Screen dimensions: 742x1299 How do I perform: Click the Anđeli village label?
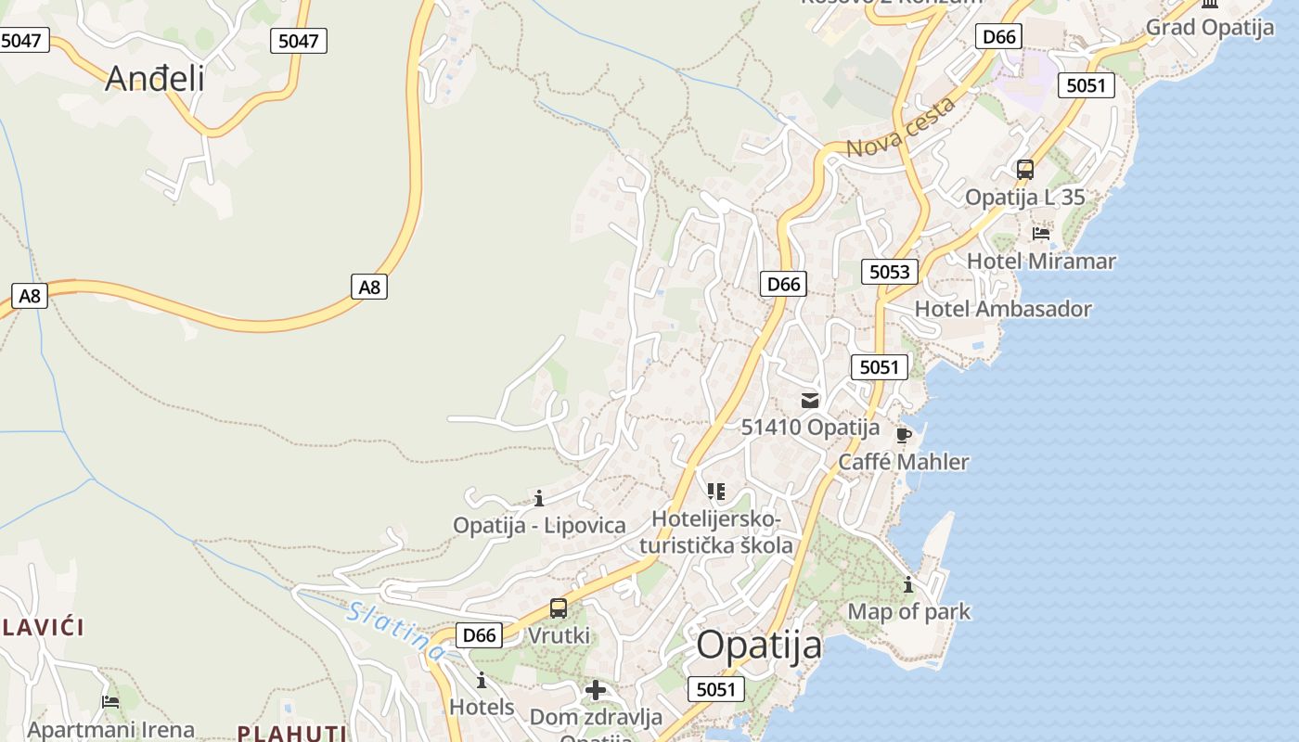[154, 78]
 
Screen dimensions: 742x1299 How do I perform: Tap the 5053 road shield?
[889, 272]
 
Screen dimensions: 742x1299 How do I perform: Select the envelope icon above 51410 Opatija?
[810, 401]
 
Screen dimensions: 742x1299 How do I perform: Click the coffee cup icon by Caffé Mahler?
[904, 435]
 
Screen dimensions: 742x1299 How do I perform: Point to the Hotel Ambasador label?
[1003, 309]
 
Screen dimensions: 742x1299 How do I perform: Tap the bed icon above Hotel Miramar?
[1041, 234]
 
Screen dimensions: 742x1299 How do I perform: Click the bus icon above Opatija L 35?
[1025, 170]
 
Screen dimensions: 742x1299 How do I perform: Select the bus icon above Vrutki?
[559, 608]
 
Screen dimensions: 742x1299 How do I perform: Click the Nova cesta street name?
[900, 128]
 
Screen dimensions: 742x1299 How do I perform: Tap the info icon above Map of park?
[908, 584]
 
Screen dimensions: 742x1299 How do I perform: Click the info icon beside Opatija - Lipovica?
[539, 499]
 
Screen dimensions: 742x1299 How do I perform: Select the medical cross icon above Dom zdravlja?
[596, 690]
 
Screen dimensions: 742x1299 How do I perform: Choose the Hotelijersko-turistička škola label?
[716, 531]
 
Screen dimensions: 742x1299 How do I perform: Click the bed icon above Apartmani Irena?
[110, 702]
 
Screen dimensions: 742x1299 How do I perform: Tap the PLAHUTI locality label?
[291, 734]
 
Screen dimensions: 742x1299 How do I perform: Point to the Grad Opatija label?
[1209, 27]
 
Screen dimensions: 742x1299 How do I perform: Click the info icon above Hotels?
[482, 681]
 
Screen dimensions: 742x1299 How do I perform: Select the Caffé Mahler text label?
[903, 462]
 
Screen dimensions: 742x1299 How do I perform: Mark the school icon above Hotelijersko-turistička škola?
[715, 491]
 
